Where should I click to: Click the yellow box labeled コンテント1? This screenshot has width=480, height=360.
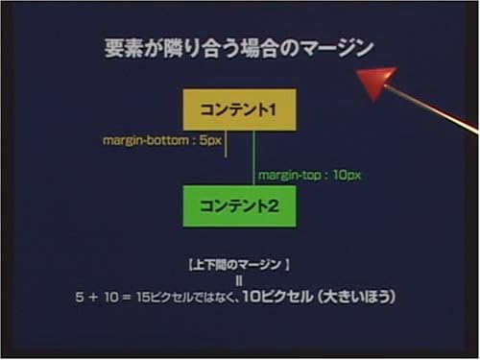click(239, 109)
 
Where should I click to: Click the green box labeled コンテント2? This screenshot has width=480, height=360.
click(239, 205)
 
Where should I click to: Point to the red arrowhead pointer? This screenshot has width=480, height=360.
click(379, 83)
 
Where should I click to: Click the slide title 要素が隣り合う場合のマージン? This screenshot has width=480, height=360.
click(238, 49)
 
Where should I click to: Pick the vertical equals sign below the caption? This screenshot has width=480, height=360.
click(238, 280)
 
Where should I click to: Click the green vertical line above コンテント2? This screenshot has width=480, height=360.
click(253, 157)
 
